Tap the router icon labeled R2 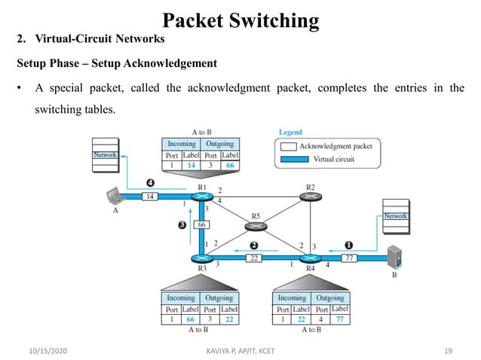(x=310, y=197)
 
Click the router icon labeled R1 (x=201, y=197)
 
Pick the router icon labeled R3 (x=201, y=258)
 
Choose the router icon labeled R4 (x=310, y=258)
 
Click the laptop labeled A (x=116, y=197)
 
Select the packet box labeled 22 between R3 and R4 (x=254, y=258)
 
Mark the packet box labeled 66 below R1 (x=202, y=225)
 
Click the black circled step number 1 (x=348, y=244)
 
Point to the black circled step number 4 (x=150, y=182)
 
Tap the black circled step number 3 (x=182, y=224)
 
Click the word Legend (x=290, y=133)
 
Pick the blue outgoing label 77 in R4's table (x=340, y=319)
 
